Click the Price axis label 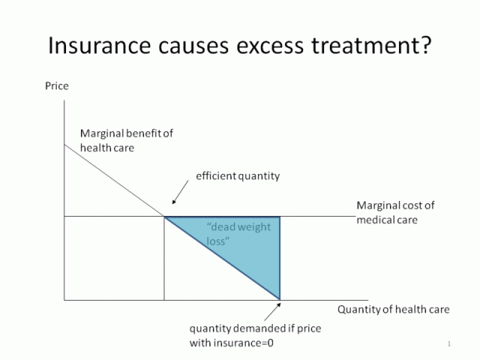(56, 86)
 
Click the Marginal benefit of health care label (126, 140)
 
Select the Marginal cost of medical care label (395, 212)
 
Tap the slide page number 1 (448, 344)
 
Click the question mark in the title (424, 46)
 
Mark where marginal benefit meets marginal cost (165, 217)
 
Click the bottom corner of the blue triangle (280, 299)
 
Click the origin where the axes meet (64, 301)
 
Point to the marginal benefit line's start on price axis (64, 142)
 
